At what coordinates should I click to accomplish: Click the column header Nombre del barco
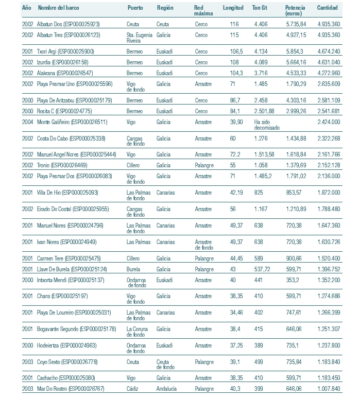[x=58, y=9]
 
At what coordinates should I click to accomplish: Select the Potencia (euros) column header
[x=295, y=11]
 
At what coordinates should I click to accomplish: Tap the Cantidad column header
[x=328, y=9]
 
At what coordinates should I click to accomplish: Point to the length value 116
[x=234, y=24]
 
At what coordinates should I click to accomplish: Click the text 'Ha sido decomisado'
[x=266, y=125]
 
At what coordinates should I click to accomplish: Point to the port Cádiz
[x=133, y=389]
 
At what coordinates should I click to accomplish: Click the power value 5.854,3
[x=295, y=51]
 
